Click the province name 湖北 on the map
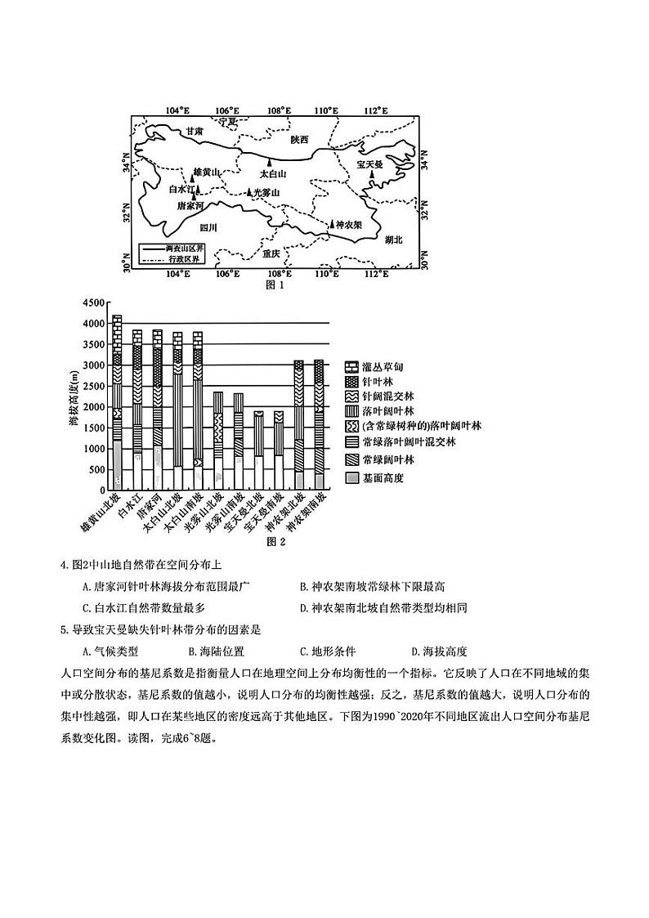394,240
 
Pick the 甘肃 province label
194,131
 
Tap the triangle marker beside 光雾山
250,192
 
